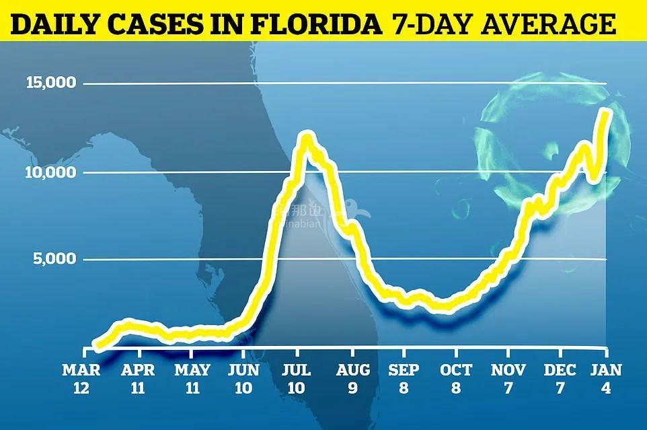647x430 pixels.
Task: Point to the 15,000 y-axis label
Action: pyautogui.click(x=50, y=84)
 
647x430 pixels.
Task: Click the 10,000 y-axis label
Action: pyautogui.click(x=50, y=173)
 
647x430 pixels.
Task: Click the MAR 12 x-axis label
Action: pyautogui.click(x=82, y=378)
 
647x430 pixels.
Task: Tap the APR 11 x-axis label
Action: pyautogui.click(x=138, y=378)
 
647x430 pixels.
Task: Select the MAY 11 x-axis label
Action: pyautogui.click(x=192, y=378)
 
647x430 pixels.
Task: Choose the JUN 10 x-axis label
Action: pyautogui.click(x=245, y=378)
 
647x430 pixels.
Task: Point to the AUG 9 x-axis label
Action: pyautogui.click(x=352, y=378)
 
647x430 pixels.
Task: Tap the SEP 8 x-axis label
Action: pyautogui.click(x=404, y=378)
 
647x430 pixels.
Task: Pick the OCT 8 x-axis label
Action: pyautogui.click(x=457, y=378)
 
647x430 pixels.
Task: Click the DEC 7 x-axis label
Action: pyautogui.click(x=560, y=378)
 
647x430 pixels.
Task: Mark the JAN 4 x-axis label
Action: pyautogui.click(x=608, y=378)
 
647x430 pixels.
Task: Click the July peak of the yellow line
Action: pyautogui.click(x=307, y=139)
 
